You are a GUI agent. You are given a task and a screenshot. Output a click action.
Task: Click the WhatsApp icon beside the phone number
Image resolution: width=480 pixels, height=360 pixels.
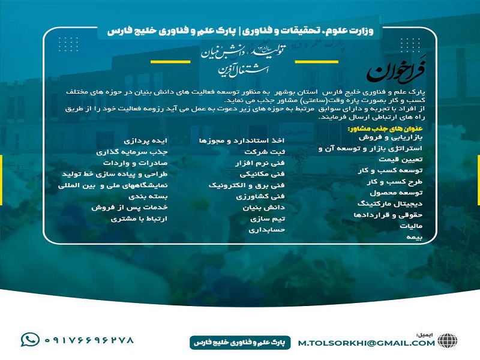coord(29,340)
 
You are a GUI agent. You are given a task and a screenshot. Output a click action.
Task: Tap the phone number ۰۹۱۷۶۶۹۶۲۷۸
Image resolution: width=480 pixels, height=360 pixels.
coord(89,340)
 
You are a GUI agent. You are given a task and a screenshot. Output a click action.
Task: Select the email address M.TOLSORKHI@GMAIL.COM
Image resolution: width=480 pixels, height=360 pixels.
coord(366,343)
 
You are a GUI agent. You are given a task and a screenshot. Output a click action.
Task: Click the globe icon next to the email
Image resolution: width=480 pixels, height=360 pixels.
coord(447,340)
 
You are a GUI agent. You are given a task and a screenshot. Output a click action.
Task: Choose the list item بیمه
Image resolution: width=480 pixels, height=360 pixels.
coord(414,238)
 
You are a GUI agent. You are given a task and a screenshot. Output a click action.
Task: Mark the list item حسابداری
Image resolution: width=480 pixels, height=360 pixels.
coord(266,229)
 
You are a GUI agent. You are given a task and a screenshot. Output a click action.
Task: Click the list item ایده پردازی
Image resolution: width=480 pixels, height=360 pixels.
coord(146,140)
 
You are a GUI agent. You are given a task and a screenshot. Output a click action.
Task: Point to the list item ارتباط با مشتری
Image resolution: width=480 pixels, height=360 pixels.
coord(139,218)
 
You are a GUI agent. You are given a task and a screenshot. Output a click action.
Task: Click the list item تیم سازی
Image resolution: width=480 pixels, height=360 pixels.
coord(269,218)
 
